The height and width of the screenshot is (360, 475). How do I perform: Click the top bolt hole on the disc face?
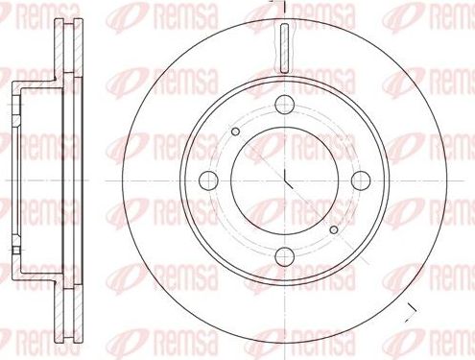pyautogui.click(x=286, y=107)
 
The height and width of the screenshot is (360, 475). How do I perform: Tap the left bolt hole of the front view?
pyautogui.click(x=208, y=179)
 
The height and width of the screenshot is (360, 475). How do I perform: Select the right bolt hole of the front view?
pyautogui.click(x=363, y=179)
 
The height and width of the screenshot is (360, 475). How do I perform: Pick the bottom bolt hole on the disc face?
pyautogui.click(x=286, y=255)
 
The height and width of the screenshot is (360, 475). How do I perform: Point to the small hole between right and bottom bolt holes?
pyautogui.click(x=334, y=229)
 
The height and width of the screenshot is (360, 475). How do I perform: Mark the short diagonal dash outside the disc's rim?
pyautogui.click(x=412, y=308)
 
